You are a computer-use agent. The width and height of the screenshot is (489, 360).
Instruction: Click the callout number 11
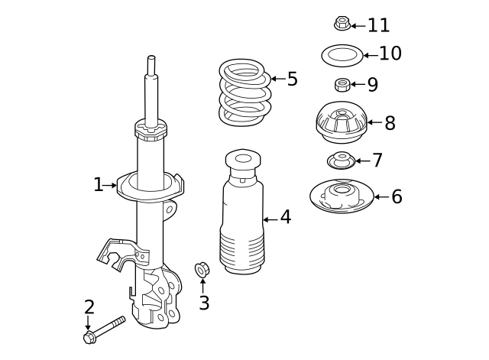[378, 25]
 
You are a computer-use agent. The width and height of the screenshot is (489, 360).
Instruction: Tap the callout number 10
[390, 54]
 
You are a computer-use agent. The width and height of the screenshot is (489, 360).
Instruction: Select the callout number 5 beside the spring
[292, 79]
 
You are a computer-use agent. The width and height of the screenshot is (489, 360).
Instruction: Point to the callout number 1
[98, 185]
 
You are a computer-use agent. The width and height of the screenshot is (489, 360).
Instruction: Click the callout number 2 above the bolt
[89, 307]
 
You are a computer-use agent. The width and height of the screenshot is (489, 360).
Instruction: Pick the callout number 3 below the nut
[204, 303]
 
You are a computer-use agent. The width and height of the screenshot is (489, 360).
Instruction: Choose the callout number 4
[285, 218]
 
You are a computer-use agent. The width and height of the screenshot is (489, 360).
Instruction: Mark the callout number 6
[397, 197]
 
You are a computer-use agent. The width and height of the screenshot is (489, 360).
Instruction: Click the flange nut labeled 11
[342, 24]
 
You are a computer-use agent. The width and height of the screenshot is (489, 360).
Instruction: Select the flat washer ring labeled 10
[341, 55]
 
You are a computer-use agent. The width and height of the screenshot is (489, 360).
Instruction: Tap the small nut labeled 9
[342, 84]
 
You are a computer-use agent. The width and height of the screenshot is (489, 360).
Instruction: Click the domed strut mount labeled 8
[341, 122]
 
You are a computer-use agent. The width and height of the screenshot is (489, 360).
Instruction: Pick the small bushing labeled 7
[342, 161]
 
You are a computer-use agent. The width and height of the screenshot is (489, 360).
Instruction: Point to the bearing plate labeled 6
[341, 196]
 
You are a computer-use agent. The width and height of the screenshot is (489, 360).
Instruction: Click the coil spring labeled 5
[244, 93]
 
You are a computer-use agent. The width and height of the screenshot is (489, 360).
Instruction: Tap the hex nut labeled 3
[202, 269]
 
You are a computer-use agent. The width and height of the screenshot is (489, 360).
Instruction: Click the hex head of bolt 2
[89, 337]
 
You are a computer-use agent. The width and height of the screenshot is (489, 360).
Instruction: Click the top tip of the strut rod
[151, 58]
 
